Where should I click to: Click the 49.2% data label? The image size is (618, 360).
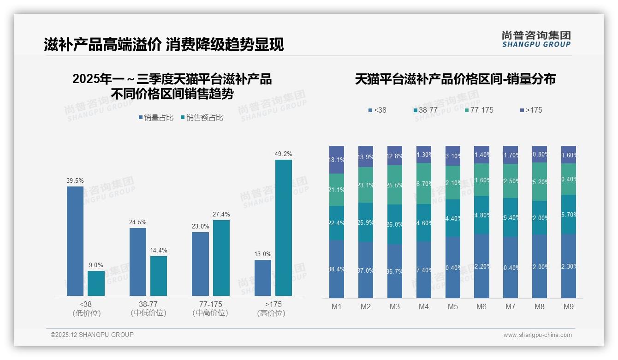click(x=284, y=154)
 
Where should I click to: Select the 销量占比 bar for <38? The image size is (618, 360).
click(x=75, y=241)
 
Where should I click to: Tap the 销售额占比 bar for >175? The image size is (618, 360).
click(x=284, y=228)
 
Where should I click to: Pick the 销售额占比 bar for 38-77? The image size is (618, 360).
click(x=159, y=276)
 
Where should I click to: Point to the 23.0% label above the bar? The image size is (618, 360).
click(x=200, y=227)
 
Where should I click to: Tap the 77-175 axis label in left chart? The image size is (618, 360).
click(x=210, y=305)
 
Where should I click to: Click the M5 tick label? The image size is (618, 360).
click(x=452, y=307)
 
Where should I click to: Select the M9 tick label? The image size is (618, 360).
click(x=568, y=307)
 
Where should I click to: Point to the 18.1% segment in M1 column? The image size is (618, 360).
click(x=337, y=160)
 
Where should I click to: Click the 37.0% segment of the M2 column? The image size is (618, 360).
click(x=366, y=270)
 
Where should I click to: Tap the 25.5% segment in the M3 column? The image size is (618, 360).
click(x=395, y=185)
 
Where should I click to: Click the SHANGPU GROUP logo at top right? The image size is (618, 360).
click(x=536, y=39)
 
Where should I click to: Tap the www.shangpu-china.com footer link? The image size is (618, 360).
click(x=537, y=335)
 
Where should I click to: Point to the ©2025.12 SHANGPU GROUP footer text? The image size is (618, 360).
click(x=92, y=335)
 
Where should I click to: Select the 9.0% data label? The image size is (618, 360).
click(x=96, y=265)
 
